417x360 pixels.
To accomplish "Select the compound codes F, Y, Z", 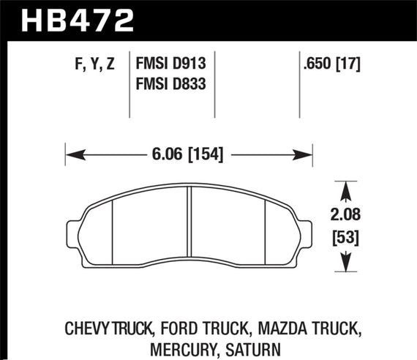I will coord(93,65).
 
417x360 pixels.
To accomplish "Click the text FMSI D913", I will coord(170,65).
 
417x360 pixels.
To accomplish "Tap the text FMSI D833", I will coord(170,84).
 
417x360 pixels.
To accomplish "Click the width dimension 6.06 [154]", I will coord(189,154).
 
